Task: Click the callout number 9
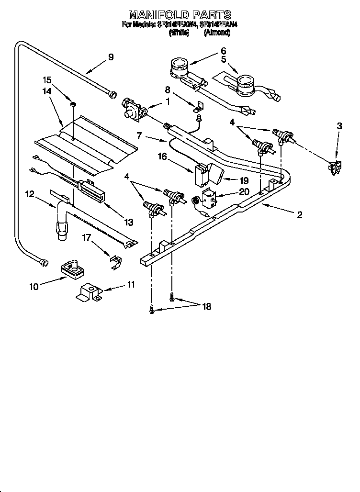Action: [x=111, y=57]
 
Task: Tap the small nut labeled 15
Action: [x=73, y=104]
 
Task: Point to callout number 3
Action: [x=339, y=126]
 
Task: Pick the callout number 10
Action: [x=34, y=287]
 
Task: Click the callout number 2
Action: [x=299, y=215]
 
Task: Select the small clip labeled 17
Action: [x=115, y=261]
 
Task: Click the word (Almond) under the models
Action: [x=217, y=33]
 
